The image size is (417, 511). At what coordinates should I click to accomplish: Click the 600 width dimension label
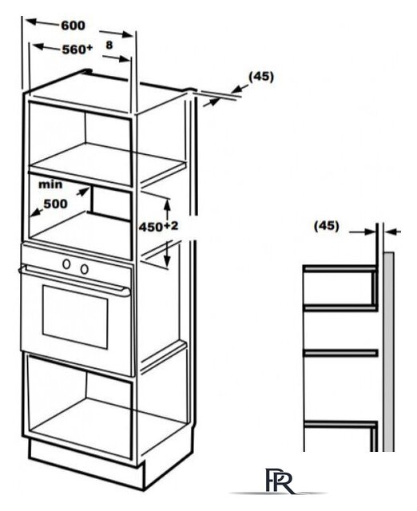tap(73, 26)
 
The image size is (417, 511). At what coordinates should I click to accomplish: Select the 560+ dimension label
tap(77, 50)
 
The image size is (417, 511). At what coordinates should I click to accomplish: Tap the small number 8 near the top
tap(109, 45)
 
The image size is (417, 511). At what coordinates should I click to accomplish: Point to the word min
tap(50, 184)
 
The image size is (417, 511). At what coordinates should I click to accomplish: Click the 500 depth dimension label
tap(55, 204)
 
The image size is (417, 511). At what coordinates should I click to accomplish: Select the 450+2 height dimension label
tap(158, 227)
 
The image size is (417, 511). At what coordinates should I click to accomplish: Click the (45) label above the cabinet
tap(261, 77)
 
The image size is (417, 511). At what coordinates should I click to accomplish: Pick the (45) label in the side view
tap(327, 226)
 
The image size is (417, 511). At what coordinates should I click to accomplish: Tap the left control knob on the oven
tap(67, 263)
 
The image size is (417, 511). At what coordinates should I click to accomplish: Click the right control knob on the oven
tap(85, 269)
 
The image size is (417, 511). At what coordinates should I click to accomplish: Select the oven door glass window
tap(75, 316)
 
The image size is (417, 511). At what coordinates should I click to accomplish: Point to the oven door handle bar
tap(74, 279)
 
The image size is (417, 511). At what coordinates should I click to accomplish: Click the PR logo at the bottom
tap(279, 480)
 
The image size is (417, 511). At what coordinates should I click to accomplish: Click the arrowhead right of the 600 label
tap(128, 34)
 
